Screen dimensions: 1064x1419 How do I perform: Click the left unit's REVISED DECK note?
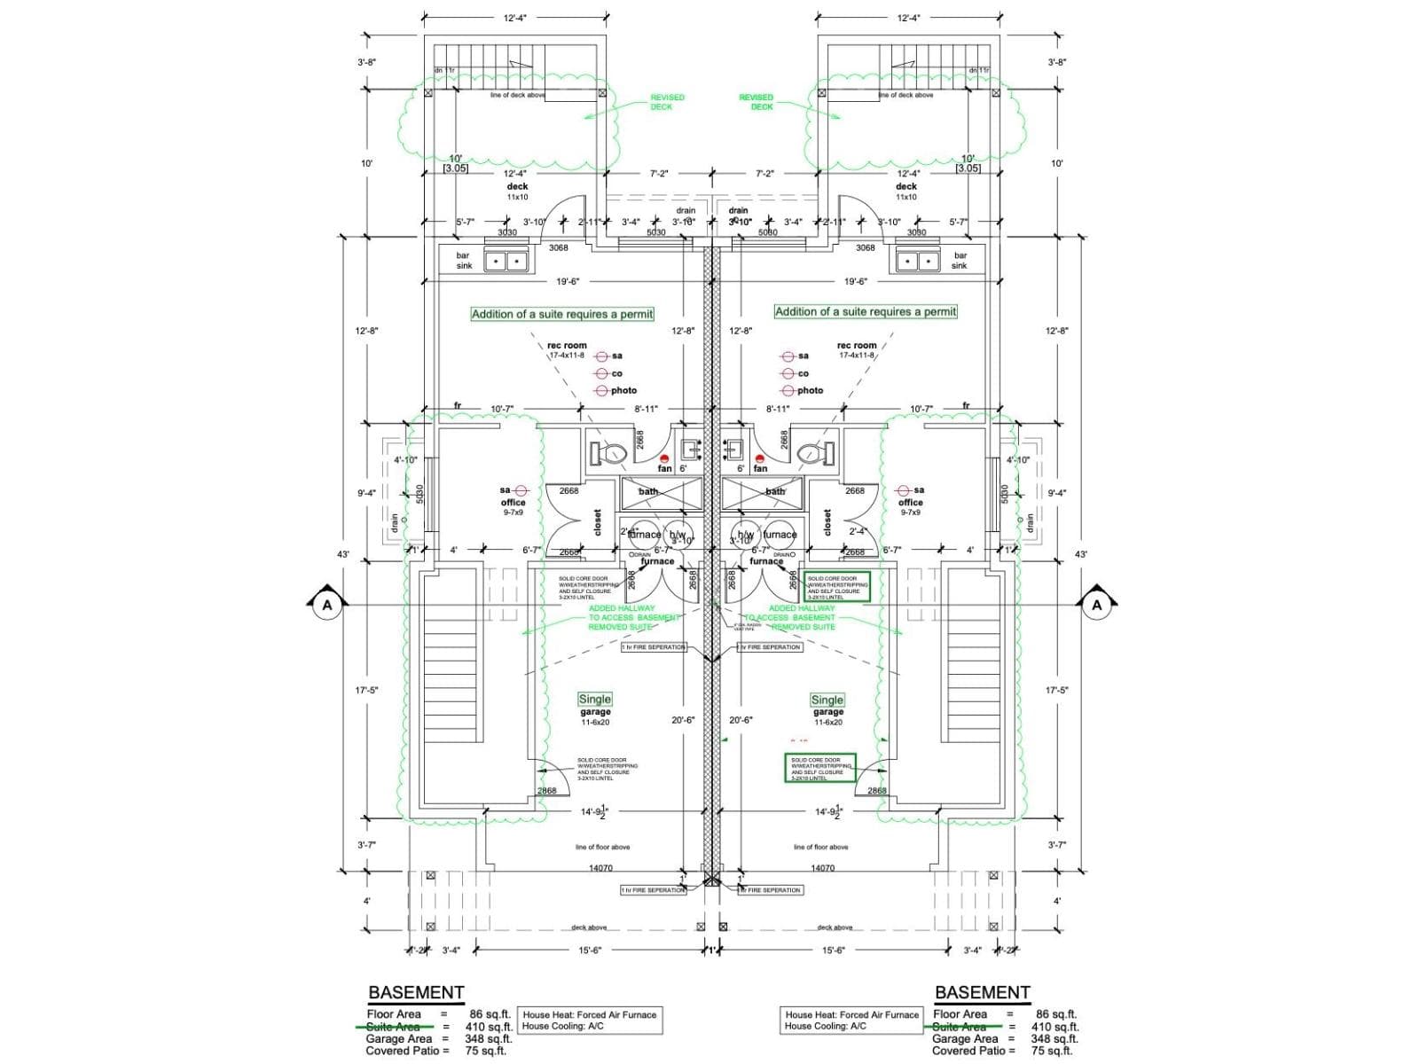[x=667, y=102]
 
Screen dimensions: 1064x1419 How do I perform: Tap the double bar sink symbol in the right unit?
[x=917, y=262]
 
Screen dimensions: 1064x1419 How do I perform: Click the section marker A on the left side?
[x=327, y=605]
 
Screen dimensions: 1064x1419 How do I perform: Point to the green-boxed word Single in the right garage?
[x=827, y=700]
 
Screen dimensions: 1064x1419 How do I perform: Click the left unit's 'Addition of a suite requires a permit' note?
[x=562, y=314]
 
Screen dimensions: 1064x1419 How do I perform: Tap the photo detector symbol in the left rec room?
[x=603, y=390]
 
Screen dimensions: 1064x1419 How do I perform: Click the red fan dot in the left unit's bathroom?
[x=664, y=458]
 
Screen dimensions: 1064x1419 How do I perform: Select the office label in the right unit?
[x=911, y=502]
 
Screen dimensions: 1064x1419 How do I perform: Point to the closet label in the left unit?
[x=597, y=522]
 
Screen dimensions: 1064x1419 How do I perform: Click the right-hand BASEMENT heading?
[x=982, y=992]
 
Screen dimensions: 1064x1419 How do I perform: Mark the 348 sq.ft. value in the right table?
[x=1054, y=1038]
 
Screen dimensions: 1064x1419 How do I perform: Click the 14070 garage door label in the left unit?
[x=600, y=868]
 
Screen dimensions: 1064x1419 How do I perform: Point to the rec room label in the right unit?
[x=857, y=345]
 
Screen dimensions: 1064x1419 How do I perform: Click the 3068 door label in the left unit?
[x=558, y=247]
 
